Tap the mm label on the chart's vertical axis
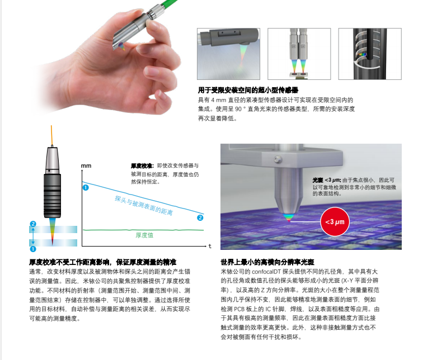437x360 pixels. tap(86, 166)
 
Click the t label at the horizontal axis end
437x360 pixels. tap(210, 246)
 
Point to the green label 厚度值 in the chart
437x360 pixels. tap(144, 235)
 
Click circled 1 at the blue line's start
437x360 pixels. tap(86, 187)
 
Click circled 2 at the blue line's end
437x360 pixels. tap(200, 218)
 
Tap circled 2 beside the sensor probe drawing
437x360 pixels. tap(33, 224)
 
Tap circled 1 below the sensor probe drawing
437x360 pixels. tap(33, 249)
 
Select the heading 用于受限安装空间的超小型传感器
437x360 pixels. tap(248, 90)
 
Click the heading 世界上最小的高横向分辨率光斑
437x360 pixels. tap(269, 261)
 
